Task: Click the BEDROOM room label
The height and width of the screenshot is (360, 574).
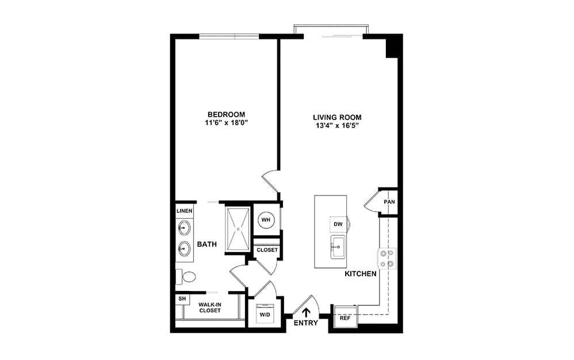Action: click(x=226, y=114)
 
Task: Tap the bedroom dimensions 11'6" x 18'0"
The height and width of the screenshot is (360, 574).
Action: click(x=227, y=123)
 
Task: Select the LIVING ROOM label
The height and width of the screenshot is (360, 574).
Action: click(x=337, y=117)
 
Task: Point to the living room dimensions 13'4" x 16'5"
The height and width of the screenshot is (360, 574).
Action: click(x=337, y=126)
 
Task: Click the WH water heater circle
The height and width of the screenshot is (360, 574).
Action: click(x=266, y=220)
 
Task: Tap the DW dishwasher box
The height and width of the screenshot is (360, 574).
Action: click(x=338, y=224)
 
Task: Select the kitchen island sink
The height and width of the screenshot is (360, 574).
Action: click(x=338, y=247)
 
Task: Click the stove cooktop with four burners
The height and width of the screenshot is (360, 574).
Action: click(x=387, y=258)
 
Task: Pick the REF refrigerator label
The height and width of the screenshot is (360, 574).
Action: click(x=345, y=318)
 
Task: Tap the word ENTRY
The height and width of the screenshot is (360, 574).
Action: click(x=306, y=323)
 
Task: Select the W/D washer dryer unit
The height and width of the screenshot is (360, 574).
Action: click(x=265, y=313)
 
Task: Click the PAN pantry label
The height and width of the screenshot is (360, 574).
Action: click(x=389, y=202)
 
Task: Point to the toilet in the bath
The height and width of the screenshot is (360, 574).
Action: click(x=186, y=277)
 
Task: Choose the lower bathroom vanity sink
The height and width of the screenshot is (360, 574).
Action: click(x=184, y=249)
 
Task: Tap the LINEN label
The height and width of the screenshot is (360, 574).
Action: click(x=185, y=211)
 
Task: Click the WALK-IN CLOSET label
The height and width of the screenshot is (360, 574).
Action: click(x=210, y=307)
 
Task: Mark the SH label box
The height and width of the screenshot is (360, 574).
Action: click(x=182, y=299)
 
